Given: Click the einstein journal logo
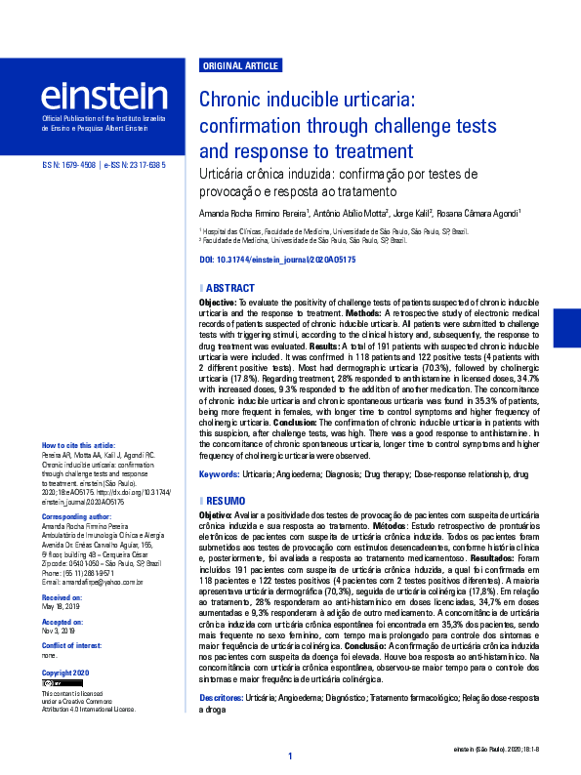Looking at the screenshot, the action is coord(104,99).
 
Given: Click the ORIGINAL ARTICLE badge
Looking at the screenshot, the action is coord(239,66).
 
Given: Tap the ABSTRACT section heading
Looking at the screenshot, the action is coord(230,288).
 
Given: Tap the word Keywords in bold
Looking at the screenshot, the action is coord(220,473).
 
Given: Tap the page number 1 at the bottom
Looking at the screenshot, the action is coord(290,756).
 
